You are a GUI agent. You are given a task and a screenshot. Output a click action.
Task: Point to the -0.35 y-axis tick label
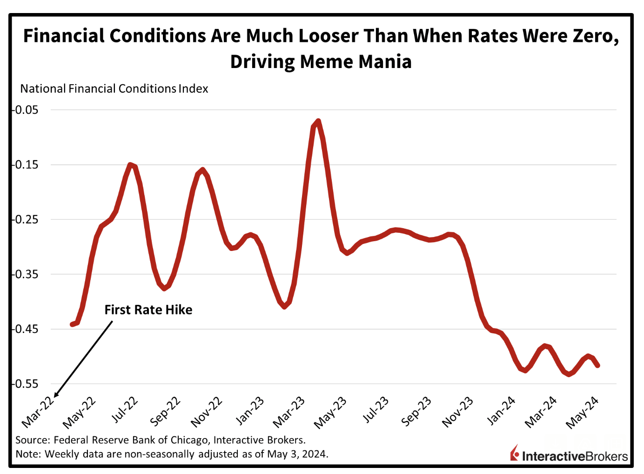(x=26, y=274)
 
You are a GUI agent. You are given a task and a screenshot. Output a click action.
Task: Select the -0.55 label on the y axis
(x=26, y=384)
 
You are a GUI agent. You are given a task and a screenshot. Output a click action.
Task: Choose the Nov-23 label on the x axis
(x=458, y=412)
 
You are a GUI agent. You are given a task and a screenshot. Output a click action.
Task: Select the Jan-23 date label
(x=251, y=410)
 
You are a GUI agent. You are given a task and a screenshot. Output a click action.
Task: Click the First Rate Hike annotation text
(x=148, y=310)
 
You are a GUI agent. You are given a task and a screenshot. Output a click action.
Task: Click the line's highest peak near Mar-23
(x=318, y=122)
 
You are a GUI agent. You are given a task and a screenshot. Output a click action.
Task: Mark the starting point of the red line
(x=72, y=324)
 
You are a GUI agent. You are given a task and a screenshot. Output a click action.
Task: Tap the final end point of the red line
(x=598, y=366)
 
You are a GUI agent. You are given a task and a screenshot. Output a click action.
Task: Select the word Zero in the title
(x=593, y=35)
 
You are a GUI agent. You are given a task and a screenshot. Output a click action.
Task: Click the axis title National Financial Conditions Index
(x=114, y=88)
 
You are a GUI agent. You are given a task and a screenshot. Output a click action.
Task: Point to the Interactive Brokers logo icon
(x=515, y=453)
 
